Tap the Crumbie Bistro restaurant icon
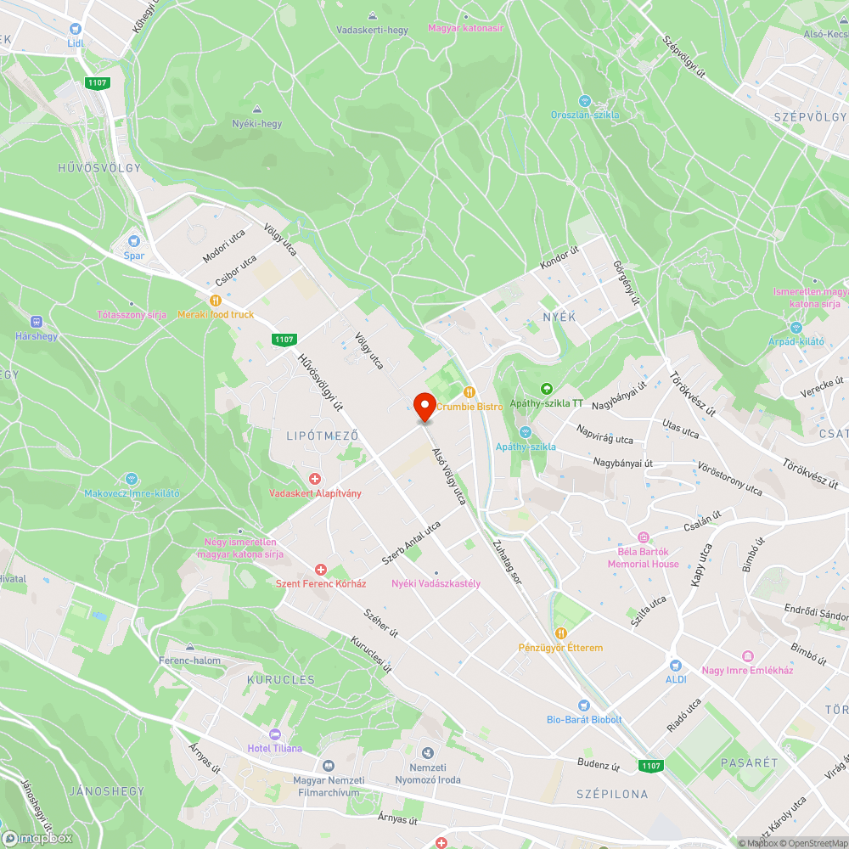(469, 391)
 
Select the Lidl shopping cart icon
(75, 27)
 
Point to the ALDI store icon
(676, 666)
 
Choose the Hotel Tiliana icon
(273, 734)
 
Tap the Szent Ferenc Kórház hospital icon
(321, 570)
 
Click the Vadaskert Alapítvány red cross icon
(315, 480)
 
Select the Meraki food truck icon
(216, 300)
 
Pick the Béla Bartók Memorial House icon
(643, 537)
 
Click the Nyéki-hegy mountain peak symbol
(257, 109)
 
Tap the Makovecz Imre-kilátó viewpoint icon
(131, 479)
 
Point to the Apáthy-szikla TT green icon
(547, 389)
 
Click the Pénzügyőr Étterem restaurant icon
(560, 633)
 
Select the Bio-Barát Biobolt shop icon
(583, 706)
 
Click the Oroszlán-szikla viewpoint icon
(584, 100)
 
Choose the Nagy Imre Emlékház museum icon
(747, 655)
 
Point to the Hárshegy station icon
(36, 322)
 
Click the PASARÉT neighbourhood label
(749, 762)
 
